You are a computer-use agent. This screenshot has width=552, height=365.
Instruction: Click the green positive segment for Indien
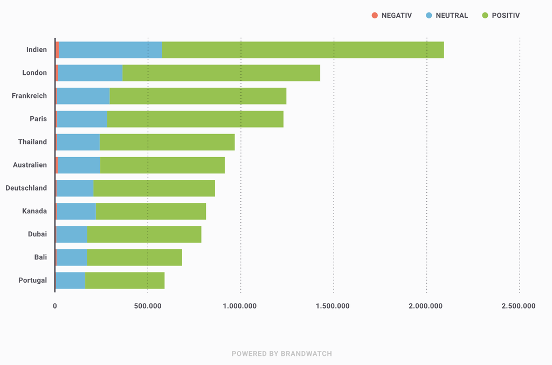[302, 50]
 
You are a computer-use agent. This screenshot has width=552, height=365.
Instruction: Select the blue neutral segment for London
[90, 73]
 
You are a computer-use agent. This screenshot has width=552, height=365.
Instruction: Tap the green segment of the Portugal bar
[125, 280]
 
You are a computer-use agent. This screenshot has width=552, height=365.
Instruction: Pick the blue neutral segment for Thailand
[78, 142]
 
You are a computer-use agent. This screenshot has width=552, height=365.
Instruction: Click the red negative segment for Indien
[57, 50]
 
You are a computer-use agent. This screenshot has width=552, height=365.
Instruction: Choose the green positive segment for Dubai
[144, 234]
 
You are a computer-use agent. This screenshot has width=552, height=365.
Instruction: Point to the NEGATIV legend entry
[391, 16]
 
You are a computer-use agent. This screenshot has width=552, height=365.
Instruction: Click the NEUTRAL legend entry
[447, 16]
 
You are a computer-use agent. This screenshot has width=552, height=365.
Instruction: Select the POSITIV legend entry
[501, 16]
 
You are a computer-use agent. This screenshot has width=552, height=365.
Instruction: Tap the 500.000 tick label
[148, 306]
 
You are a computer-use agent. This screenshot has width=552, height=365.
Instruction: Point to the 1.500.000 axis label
[334, 306]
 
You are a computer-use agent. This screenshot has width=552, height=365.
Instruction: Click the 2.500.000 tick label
[519, 306]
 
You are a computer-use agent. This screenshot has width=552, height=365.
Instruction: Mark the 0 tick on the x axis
[55, 306]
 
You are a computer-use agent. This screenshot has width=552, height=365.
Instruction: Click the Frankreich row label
[29, 96]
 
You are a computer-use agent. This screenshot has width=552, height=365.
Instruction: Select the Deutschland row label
[26, 188]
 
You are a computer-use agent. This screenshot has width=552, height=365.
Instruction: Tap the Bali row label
[40, 257]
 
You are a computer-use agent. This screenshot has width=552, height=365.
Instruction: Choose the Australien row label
[30, 165]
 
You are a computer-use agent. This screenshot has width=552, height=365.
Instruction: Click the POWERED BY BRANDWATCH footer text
[282, 354]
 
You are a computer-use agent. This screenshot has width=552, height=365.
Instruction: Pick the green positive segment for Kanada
[150, 211]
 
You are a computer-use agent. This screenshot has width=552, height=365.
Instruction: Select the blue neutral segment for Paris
[82, 119]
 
